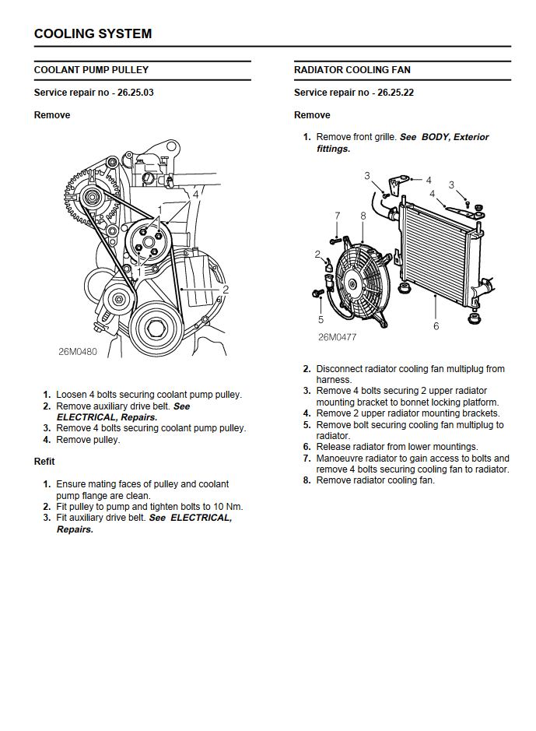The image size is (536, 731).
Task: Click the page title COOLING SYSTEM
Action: [93, 33]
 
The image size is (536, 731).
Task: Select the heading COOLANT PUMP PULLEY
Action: [91, 70]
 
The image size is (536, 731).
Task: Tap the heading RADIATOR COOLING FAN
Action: [352, 70]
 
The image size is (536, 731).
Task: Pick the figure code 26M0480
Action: [78, 351]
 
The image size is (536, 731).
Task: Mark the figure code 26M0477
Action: [337, 338]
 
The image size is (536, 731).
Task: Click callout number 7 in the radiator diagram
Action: [337, 216]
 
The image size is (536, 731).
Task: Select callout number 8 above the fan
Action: [363, 216]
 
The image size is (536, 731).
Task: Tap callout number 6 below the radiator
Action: [436, 326]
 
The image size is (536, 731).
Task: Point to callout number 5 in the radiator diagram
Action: [321, 319]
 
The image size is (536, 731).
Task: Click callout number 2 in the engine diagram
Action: [225, 290]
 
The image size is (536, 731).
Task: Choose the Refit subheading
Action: [44, 462]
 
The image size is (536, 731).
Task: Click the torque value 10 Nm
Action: [226, 507]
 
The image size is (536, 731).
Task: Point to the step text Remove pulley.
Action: [88, 440]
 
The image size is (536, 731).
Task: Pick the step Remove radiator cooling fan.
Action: [375, 480]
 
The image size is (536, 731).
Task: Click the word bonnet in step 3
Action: [407, 402]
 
